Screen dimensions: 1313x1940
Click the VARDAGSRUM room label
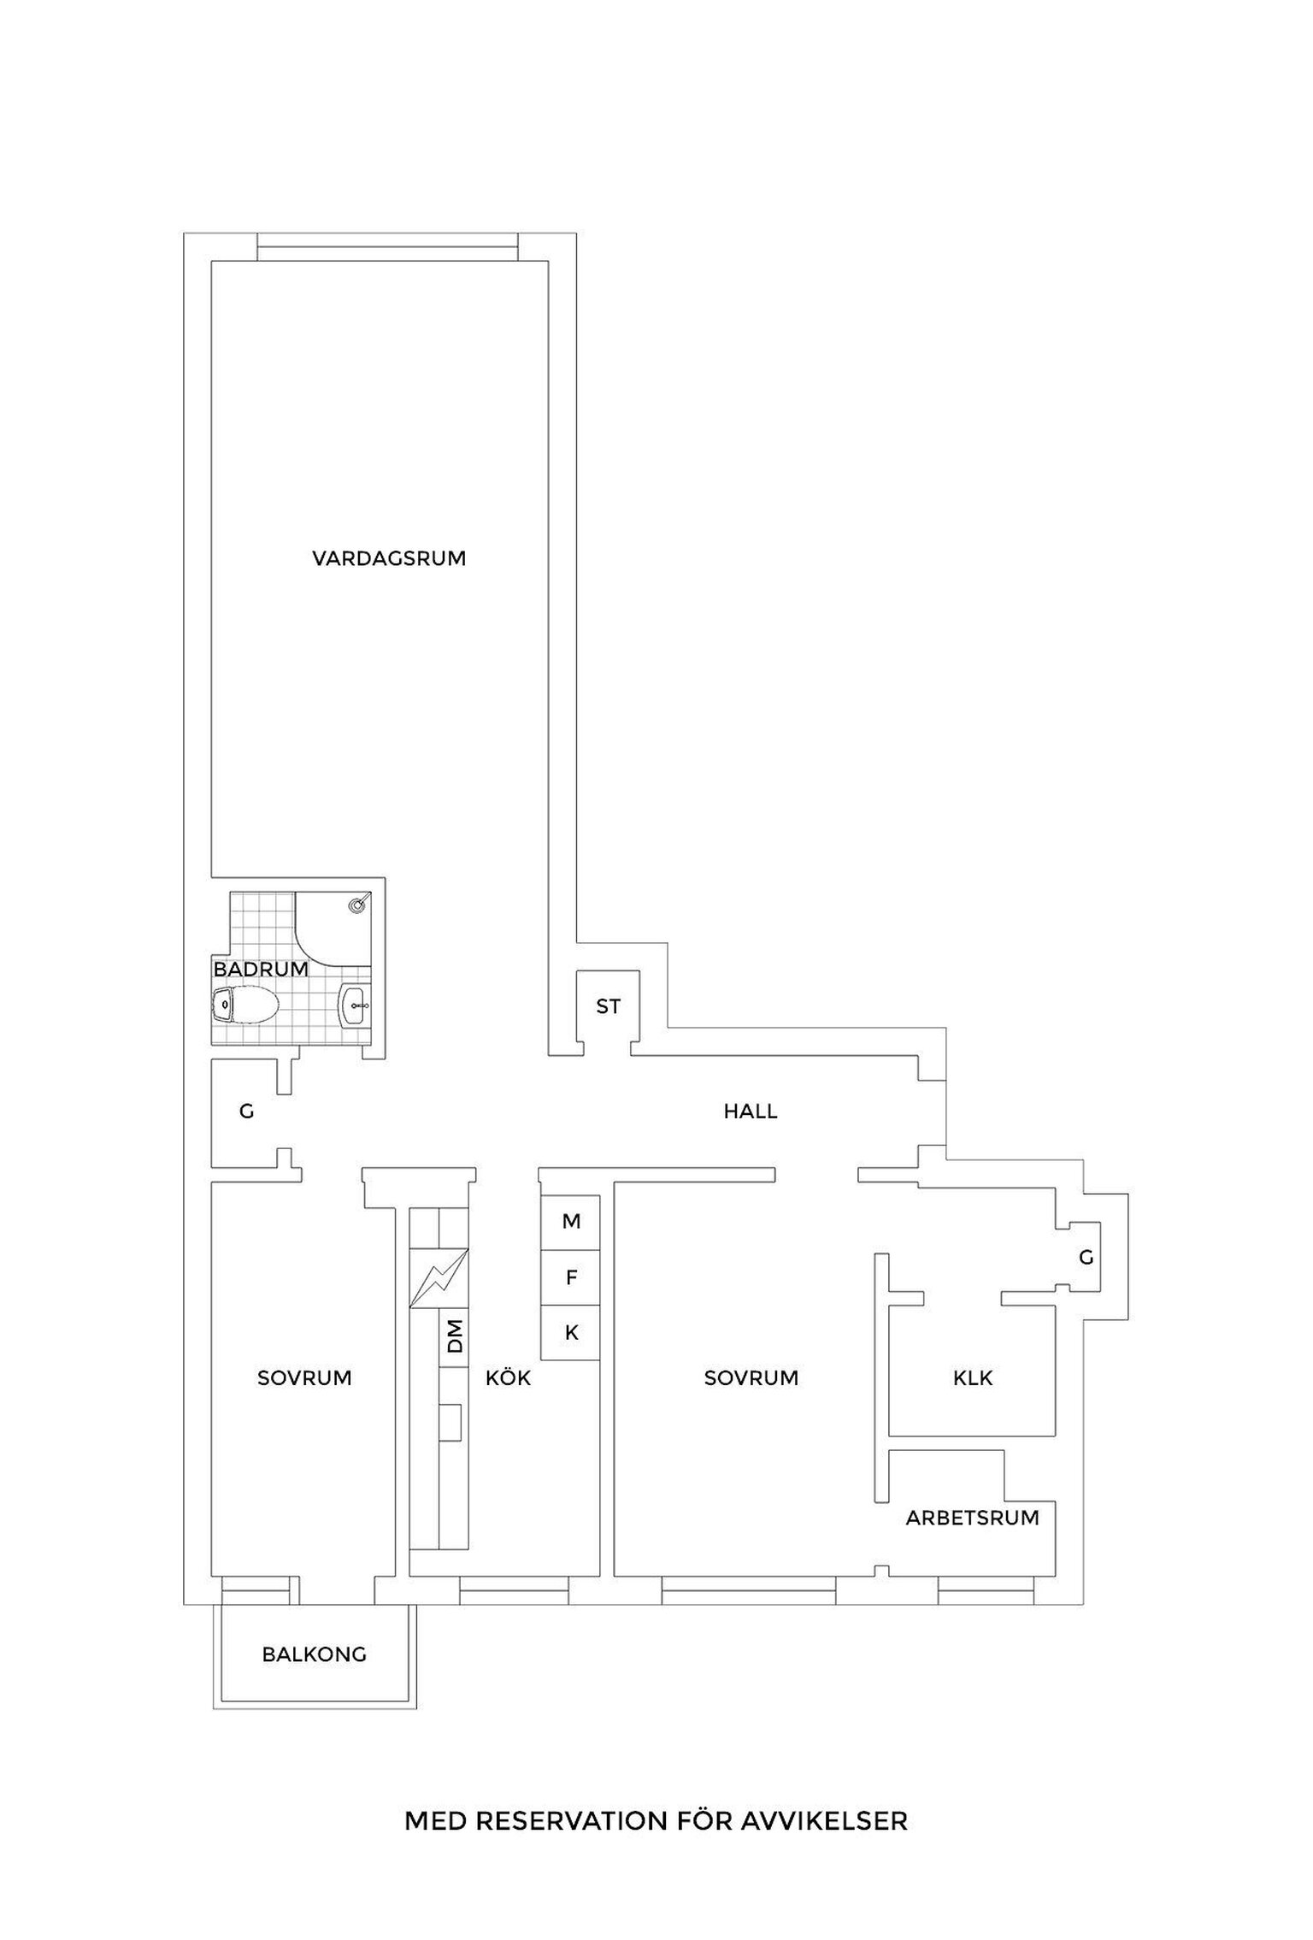(389, 559)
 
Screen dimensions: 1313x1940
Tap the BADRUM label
(261, 970)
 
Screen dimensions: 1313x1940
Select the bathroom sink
(355, 1005)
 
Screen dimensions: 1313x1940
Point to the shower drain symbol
(359, 904)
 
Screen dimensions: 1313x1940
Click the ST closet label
(608, 1007)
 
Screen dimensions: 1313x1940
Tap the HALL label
(751, 1112)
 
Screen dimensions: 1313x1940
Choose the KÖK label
(509, 1378)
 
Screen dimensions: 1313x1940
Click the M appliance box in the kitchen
(571, 1222)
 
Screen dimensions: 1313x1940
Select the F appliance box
(571, 1277)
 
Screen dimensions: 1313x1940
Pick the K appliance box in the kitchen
(571, 1332)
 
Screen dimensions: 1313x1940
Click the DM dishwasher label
(455, 1335)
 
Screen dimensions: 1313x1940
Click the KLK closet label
(973, 1378)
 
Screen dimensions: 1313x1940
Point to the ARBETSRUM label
(973, 1518)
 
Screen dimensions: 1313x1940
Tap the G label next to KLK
(1086, 1258)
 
